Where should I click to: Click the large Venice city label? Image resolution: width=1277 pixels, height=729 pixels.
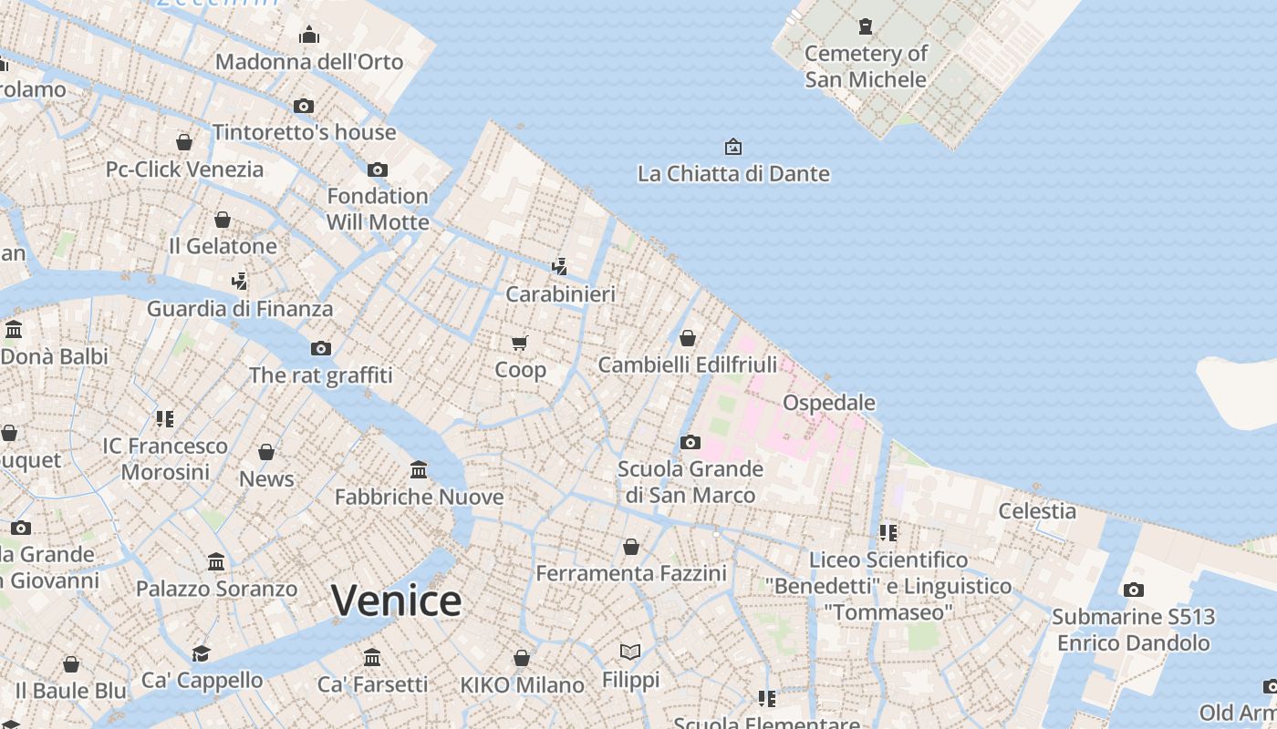(x=396, y=601)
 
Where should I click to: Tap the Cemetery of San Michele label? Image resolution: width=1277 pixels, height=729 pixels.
(x=866, y=67)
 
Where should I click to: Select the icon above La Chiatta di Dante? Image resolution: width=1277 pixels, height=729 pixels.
(x=732, y=147)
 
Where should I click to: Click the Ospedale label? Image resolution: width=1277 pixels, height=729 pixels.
(x=829, y=403)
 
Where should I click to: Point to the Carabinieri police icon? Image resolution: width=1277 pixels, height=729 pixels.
(x=560, y=267)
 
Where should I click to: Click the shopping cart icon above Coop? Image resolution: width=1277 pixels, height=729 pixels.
(x=520, y=343)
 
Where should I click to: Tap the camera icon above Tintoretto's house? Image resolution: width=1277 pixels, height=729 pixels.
(x=304, y=106)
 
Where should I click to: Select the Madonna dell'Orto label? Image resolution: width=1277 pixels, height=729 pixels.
(x=309, y=62)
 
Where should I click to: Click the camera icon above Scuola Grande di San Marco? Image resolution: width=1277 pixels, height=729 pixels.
(x=690, y=443)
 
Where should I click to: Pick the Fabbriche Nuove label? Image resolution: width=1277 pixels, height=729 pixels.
(x=419, y=498)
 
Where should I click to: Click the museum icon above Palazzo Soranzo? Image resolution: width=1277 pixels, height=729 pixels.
(x=216, y=562)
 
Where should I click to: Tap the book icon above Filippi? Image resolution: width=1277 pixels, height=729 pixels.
(x=630, y=652)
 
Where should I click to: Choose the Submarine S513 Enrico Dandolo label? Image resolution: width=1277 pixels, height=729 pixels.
(x=1134, y=630)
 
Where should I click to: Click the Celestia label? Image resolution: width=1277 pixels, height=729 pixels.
(x=1037, y=511)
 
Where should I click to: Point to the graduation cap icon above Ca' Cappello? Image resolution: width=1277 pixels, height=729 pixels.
(x=201, y=653)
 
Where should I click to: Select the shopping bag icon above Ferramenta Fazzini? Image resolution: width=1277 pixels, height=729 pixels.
(x=631, y=547)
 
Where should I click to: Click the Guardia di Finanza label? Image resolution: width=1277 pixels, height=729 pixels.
(x=240, y=309)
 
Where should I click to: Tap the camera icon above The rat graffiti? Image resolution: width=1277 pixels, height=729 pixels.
(x=321, y=348)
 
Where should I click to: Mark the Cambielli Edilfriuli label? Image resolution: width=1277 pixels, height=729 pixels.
(x=688, y=365)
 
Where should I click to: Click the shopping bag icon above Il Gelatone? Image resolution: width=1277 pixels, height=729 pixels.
(x=223, y=220)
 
